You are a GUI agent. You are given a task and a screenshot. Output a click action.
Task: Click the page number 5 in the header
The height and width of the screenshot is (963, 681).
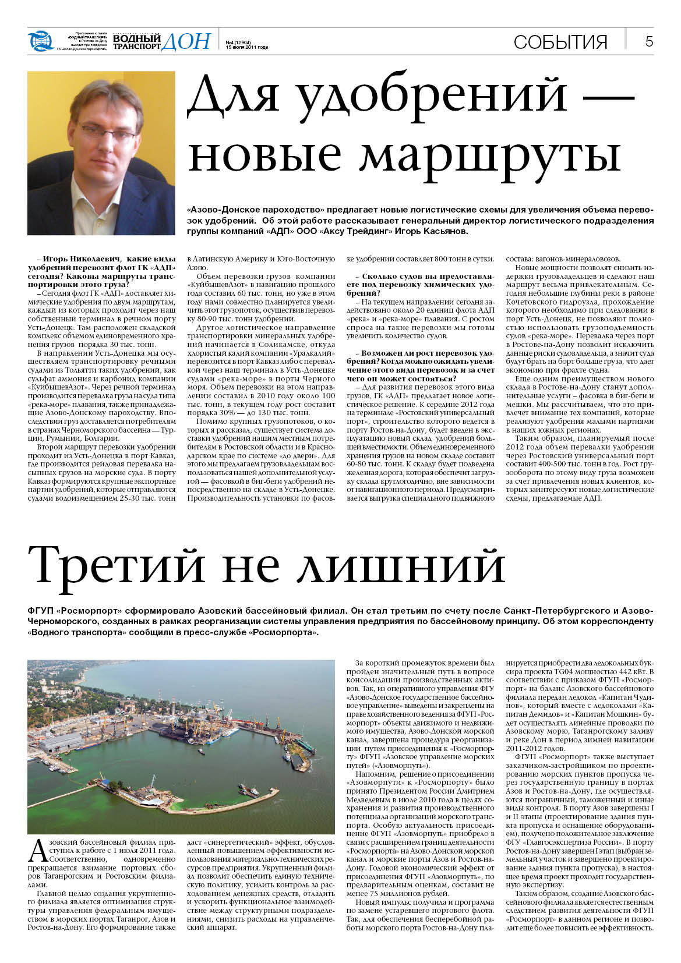click(x=649, y=41)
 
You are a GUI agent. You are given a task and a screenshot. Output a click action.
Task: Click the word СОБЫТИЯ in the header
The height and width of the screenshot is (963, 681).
click(x=560, y=42)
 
